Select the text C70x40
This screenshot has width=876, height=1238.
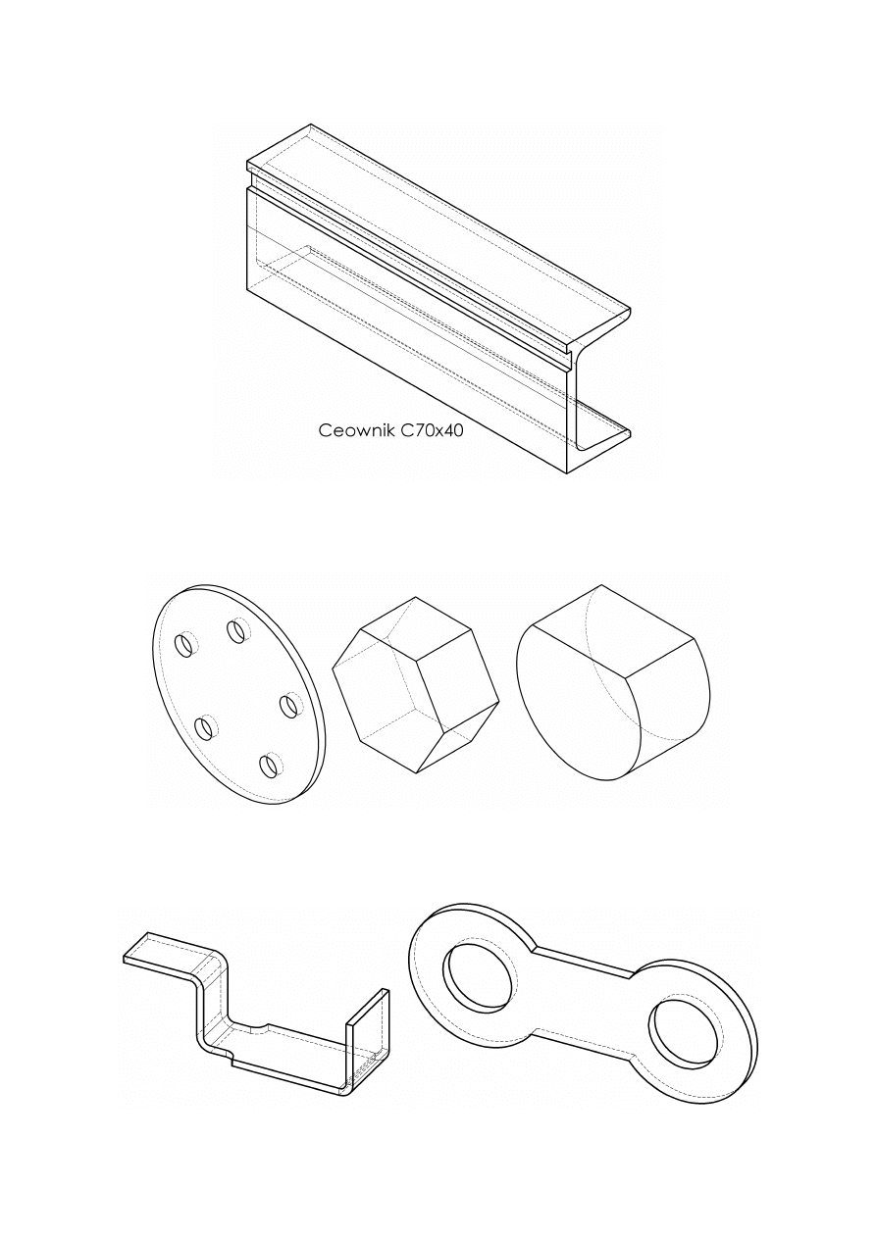pyautogui.click(x=432, y=430)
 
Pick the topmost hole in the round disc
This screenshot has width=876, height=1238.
pyautogui.click(x=236, y=630)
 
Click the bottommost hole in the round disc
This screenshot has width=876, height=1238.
pyautogui.click(x=270, y=765)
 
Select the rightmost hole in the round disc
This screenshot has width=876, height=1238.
pyautogui.click(x=289, y=706)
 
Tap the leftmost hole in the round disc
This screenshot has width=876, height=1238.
pyautogui.click(x=184, y=645)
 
